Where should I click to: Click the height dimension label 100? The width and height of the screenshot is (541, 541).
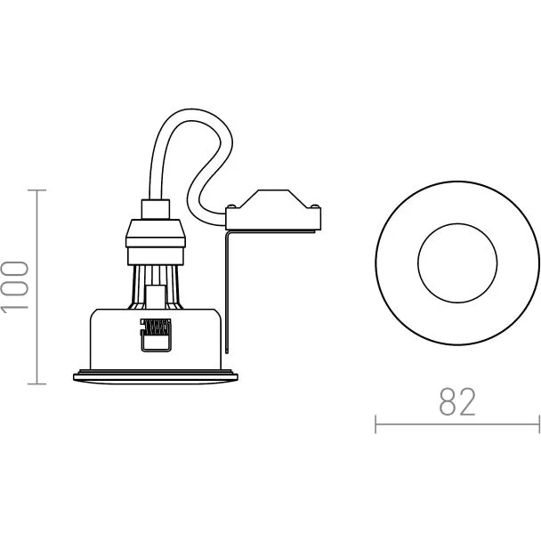(x=15, y=287)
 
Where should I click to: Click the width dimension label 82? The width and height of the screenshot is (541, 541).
(x=457, y=401)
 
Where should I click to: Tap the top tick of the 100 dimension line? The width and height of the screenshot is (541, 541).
(x=36, y=190)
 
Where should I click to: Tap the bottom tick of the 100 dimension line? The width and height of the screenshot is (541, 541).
(x=36, y=384)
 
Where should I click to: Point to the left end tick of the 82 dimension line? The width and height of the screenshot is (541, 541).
(x=375, y=424)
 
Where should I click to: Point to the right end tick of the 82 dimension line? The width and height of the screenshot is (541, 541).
(x=539, y=424)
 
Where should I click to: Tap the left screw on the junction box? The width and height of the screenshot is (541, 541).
(x=231, y=206)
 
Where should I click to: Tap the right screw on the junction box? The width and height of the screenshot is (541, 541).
(x=314, y=206)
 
